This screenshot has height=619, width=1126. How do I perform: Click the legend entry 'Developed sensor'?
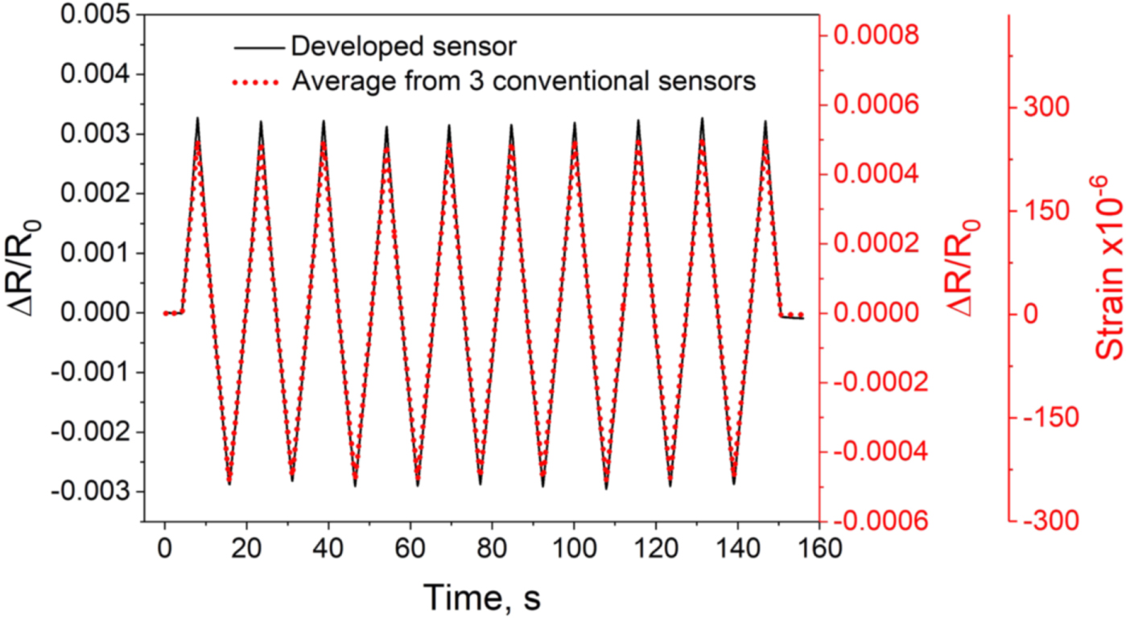[402, 47]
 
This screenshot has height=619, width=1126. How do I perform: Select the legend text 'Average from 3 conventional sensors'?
[523, 81]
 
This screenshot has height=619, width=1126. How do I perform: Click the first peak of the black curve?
[197, 118]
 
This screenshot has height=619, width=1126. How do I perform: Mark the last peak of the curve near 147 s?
[765, 122]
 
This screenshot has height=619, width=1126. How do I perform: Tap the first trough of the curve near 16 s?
[229, 484]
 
